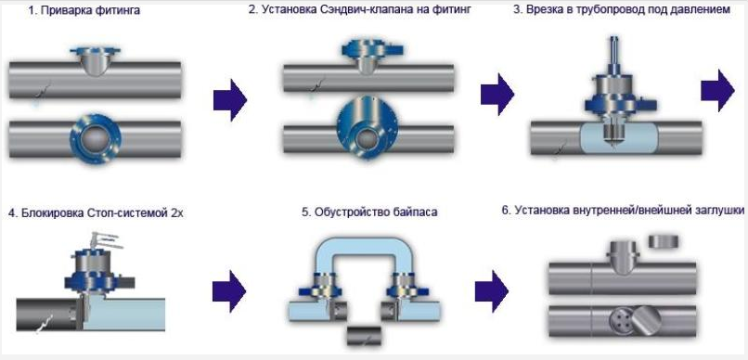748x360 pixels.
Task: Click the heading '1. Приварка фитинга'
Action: click(84, 10)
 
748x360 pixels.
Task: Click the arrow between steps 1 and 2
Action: click(230, 100)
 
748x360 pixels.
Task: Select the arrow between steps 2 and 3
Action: click(497, 94)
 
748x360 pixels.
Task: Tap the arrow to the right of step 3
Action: click(717, 91)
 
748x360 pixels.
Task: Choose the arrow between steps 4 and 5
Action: click(229, 290)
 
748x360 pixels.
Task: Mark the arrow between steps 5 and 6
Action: click(492, 290)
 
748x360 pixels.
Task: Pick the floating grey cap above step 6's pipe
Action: click(664, 241)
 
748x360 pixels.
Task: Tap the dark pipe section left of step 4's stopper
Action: click(45, 315)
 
